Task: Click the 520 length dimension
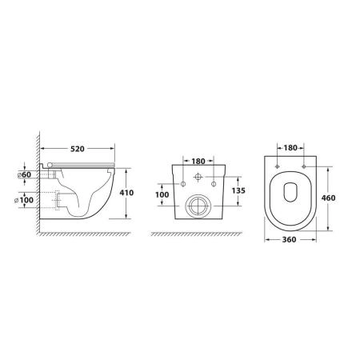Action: click(x=78, y=149)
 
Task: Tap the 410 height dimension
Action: click(x=126, y=193)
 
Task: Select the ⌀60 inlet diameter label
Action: click(x=24, y=174)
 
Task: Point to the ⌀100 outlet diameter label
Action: click(x=24, y=199)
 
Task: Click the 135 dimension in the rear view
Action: click(x=238, y=190)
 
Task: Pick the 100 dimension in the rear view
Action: click(x=162, y=194)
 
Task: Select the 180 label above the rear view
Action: click(x=198, y=162)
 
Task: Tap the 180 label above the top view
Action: click(x=290, y=148)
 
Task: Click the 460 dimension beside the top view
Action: click(x=328, y=198)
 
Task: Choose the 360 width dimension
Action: click(x=289, y=239)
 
